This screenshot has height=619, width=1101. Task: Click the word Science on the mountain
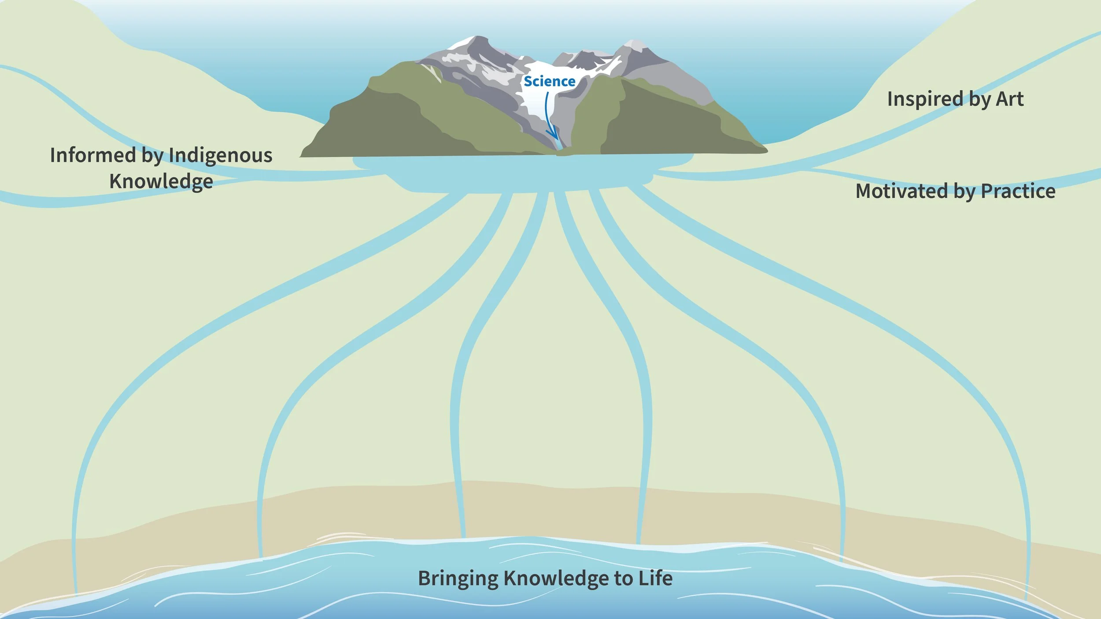pyautogui.click(x=549, y=81)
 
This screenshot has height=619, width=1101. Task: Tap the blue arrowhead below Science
pyautogui.click(x=551, y=134)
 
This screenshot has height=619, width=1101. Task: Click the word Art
pyautogui.click(x=1010, y=99)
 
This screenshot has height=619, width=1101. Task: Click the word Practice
pyautogui.click(x=1018, y=192)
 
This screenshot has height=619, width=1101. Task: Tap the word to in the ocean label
pyautogui.click(x=623, y=579)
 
